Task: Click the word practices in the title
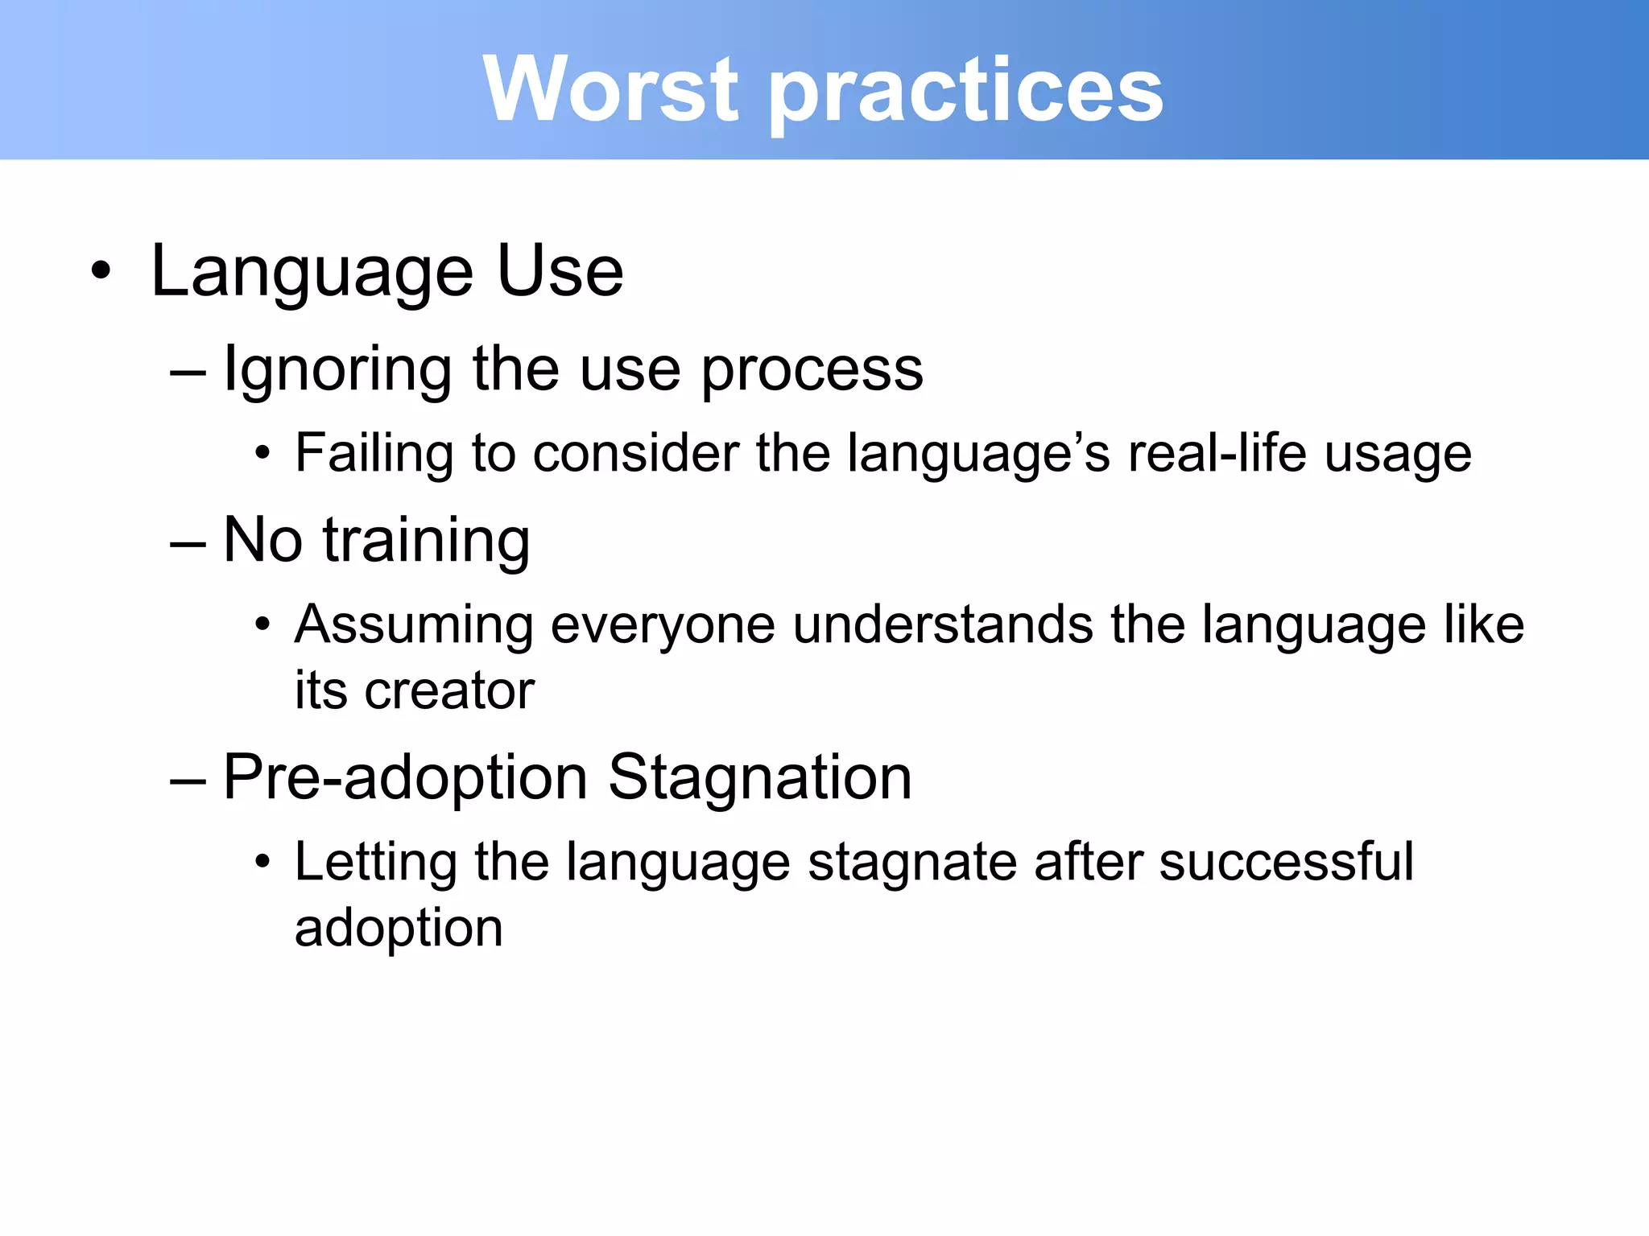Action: [x=966, y=93]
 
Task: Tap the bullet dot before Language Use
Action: [x=101, y=271]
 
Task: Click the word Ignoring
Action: [x=337, y=370]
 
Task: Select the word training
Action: [x=427, y=541]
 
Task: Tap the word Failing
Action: [x=374, y=453]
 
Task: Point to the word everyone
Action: [x=662, y=626]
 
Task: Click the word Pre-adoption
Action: [x=405, y=778]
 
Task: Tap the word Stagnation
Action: [x=759, y=778]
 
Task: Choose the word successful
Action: [x=1286, y=861]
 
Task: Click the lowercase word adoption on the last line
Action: [x=399, y=929]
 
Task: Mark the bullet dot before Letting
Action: [x=262, y=863]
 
